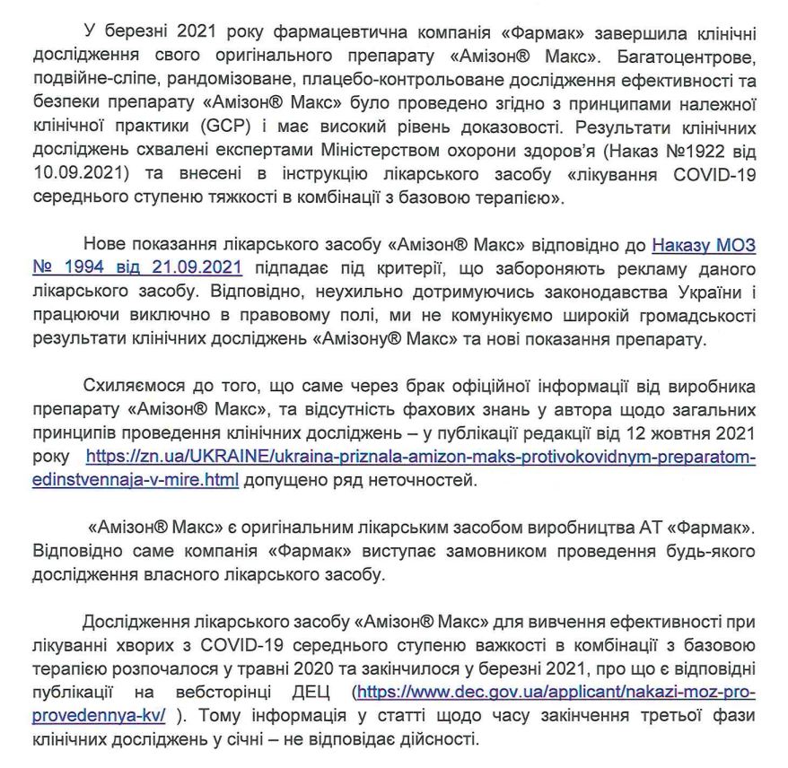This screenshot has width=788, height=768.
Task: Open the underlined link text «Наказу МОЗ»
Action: click(x=703, y=243)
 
